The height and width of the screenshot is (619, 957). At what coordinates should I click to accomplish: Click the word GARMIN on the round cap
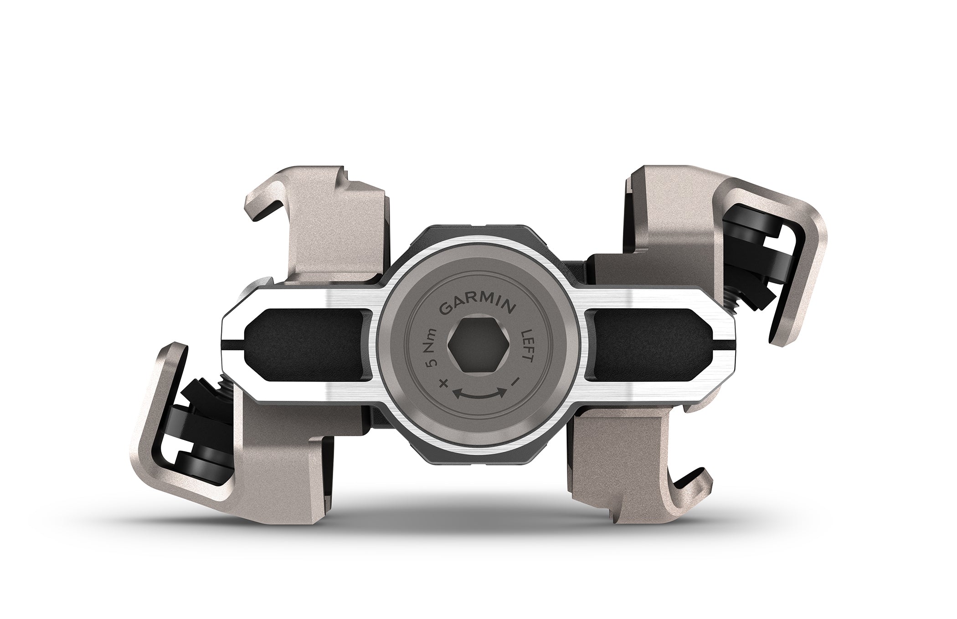click(x=478, y=307)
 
